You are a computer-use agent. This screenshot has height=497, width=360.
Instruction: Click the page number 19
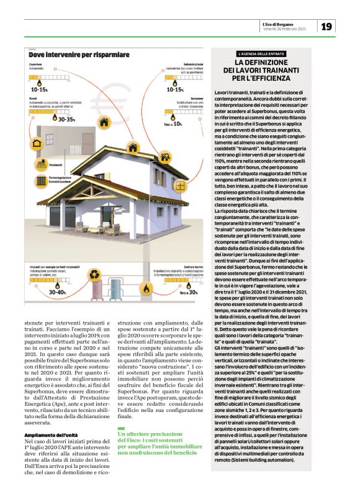pos(327,25)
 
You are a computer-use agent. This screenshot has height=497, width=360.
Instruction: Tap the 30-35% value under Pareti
pos(65,119)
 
